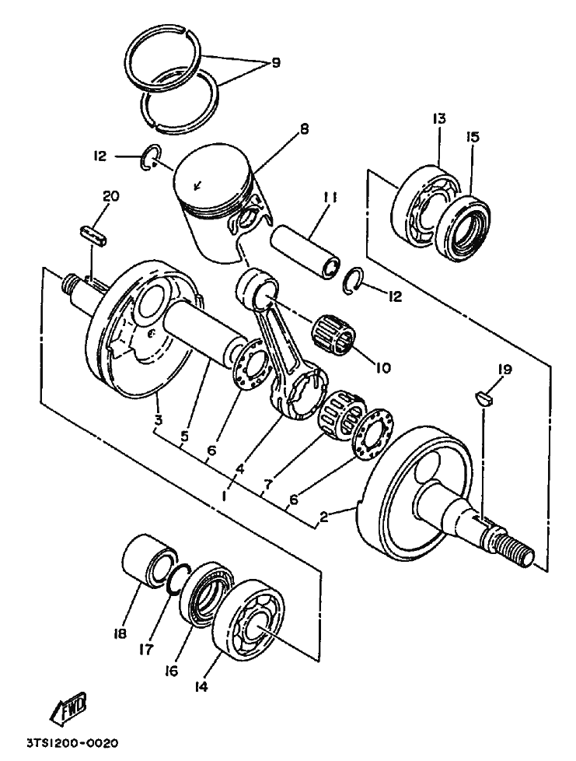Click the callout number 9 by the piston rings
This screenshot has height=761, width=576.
275,63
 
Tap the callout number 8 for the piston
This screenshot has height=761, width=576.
304,129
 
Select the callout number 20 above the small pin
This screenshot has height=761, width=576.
111,197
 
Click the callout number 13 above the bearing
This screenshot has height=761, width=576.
439,118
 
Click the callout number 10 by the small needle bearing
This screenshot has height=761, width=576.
382,368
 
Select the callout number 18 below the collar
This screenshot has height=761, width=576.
120,633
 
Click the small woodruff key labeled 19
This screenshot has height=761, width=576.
483,398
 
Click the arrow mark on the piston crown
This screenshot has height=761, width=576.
197,186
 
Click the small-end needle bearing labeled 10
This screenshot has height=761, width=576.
334,334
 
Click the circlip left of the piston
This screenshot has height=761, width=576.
151,157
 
